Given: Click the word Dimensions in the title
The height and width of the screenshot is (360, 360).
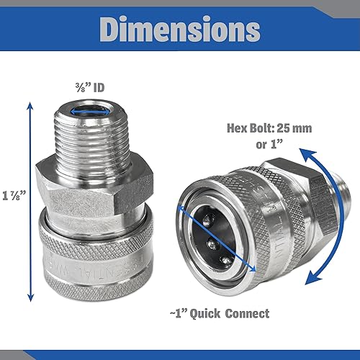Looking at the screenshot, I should [180, 29].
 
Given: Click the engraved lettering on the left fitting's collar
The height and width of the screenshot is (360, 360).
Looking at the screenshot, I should [101, 273].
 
